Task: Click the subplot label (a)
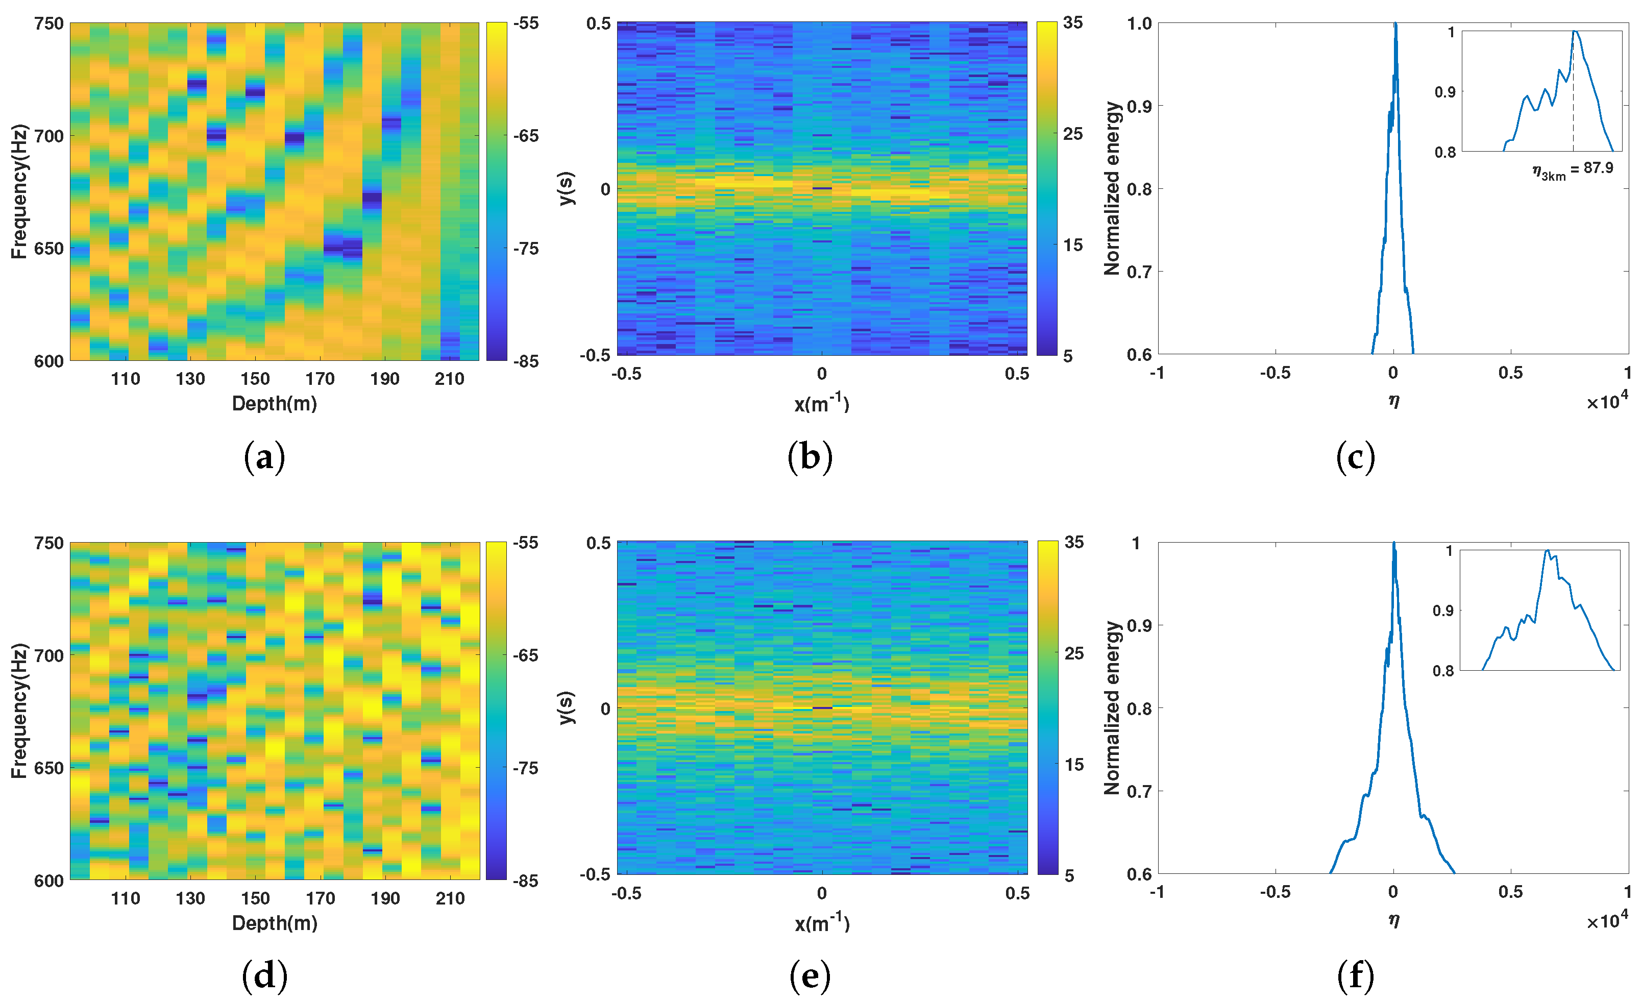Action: pos(264,458)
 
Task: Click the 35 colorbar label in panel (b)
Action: pos(1072,22)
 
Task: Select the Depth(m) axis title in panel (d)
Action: pos(275,923)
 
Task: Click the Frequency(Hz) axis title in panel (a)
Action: pos(19,191)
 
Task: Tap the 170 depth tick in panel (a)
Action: pos(320,379)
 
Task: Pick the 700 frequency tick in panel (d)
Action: pos(48,655)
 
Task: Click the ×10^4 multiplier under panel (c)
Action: pos(1607,401)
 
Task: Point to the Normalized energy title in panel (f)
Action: pos(1112,707)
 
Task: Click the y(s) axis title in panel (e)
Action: pos(566,707)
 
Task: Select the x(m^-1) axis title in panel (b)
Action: pos(822,404)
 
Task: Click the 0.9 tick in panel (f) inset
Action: pos(1443,611)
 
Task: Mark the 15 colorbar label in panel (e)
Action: pos(1073,765)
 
